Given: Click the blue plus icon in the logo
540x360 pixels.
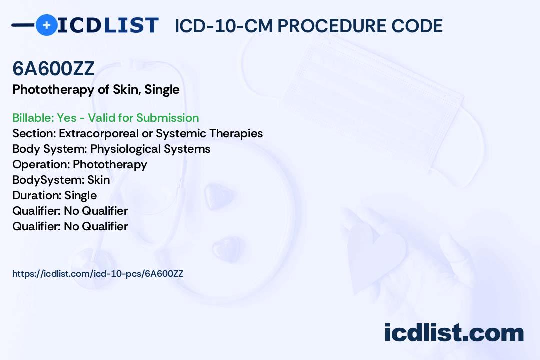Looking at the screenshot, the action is [x=46, y=25].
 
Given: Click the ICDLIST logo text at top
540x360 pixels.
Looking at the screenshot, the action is [x=108, y=25].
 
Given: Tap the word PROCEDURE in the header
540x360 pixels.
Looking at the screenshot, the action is [x=332, y=26].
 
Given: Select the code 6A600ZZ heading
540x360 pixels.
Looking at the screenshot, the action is [x=53, y=68].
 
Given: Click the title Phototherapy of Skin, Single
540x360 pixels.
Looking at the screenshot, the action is [x=96, y=90].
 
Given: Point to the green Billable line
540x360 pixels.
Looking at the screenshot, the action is [x=105, y=118].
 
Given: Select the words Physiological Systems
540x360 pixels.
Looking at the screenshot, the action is [x=150, y=149].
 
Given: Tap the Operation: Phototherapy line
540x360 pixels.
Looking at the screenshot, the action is [x=80, y=164].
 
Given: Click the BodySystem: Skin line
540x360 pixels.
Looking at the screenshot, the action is [x=61, y=180].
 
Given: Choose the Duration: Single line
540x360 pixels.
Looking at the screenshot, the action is [x=55, y=195].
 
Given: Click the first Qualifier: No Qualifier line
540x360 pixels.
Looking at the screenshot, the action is [x=70, y=211].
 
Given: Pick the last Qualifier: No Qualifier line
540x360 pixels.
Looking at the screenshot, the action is [x=70, y=226].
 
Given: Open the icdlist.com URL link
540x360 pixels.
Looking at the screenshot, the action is [x=98, y=274].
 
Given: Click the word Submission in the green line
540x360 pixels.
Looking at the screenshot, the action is [x=167, y=118].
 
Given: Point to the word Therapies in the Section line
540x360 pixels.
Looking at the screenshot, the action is [x=236, y=133].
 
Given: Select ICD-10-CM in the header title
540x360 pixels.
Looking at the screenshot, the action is [x=224, y=26].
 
